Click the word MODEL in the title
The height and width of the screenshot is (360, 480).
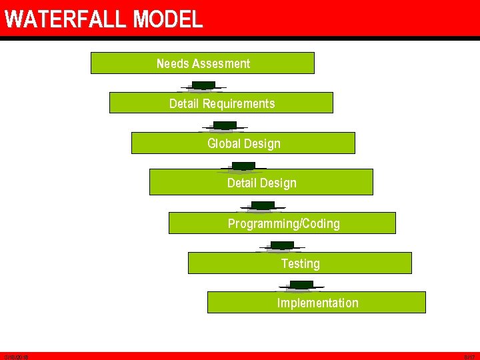167,19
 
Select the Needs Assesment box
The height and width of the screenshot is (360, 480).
202,63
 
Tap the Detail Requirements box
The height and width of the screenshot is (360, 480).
221,103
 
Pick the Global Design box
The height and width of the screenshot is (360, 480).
243,143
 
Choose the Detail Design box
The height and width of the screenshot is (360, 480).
261,183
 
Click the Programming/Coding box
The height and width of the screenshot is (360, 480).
282,223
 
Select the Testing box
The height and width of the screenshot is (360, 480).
299,263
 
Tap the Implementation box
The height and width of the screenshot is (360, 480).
317,303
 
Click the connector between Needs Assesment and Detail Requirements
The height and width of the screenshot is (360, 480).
203,86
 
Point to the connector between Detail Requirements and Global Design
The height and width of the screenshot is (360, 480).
225,126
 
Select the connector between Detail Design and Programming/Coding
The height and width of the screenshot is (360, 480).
263,206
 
